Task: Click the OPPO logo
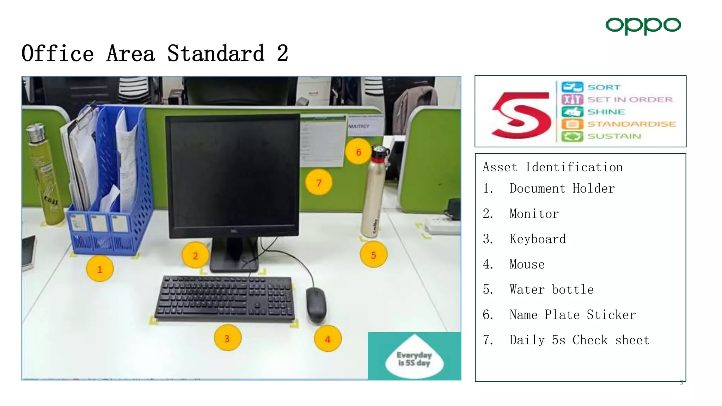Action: tap(643, 25)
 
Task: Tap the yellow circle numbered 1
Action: tap(100, 269)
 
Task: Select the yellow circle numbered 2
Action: tap(195, 255)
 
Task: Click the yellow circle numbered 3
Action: tap(227, 338)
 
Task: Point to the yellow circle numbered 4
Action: tap(328, 339)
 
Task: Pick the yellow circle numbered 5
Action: tap(373, 254)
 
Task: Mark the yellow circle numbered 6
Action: tap(359, 152)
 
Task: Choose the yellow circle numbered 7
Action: tap(319, 183)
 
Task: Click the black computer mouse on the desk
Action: tap(316, 304)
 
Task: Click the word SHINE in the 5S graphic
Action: tap(606, 112)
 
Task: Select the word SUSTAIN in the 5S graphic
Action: tap(614, 136)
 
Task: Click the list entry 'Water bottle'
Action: tap(551, 289)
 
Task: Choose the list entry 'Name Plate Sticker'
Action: tap(572, 315)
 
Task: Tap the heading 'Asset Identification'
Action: tap(552, 167)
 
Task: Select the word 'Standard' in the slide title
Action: tap(215, 54)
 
